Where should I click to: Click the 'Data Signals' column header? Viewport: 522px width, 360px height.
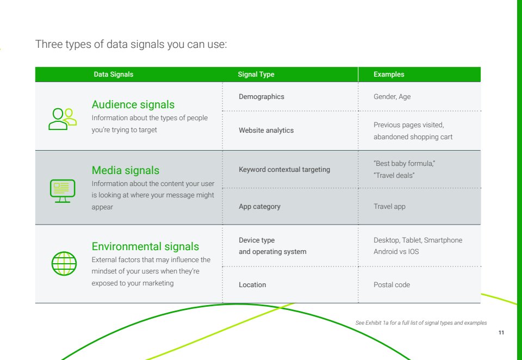coord(113,75)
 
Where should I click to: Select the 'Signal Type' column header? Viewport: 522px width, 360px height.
coord(256,75)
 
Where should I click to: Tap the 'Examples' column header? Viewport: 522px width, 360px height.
coord(389,75)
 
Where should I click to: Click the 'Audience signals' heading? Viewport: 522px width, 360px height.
coord(133,104)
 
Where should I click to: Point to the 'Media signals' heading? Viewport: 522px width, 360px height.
coord(126,170)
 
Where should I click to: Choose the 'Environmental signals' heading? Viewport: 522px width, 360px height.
coord(145,246)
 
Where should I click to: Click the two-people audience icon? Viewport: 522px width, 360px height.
coord(63,119)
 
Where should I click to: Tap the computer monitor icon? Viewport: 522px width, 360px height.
coord(63,191)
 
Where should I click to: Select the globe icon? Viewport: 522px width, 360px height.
coord(64,263)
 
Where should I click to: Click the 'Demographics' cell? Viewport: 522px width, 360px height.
coord(262,97)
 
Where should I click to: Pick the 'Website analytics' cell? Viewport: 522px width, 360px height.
coord(266,130)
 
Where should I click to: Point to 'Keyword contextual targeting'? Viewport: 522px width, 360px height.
coord(284,170)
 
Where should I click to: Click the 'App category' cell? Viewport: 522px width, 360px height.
coord(259,207)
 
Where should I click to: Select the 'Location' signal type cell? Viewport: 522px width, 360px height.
coord(252,285)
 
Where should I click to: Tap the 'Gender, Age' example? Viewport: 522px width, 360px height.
coord(392,97)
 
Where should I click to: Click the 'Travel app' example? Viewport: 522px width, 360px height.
coord(389,207)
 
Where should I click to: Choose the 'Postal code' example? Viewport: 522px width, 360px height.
coord(391,285)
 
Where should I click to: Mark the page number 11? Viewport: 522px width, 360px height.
coord(501,332)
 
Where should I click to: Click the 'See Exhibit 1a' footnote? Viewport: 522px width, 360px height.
coord(421,322)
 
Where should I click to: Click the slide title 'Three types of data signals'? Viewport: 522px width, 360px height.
coord(131,44)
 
